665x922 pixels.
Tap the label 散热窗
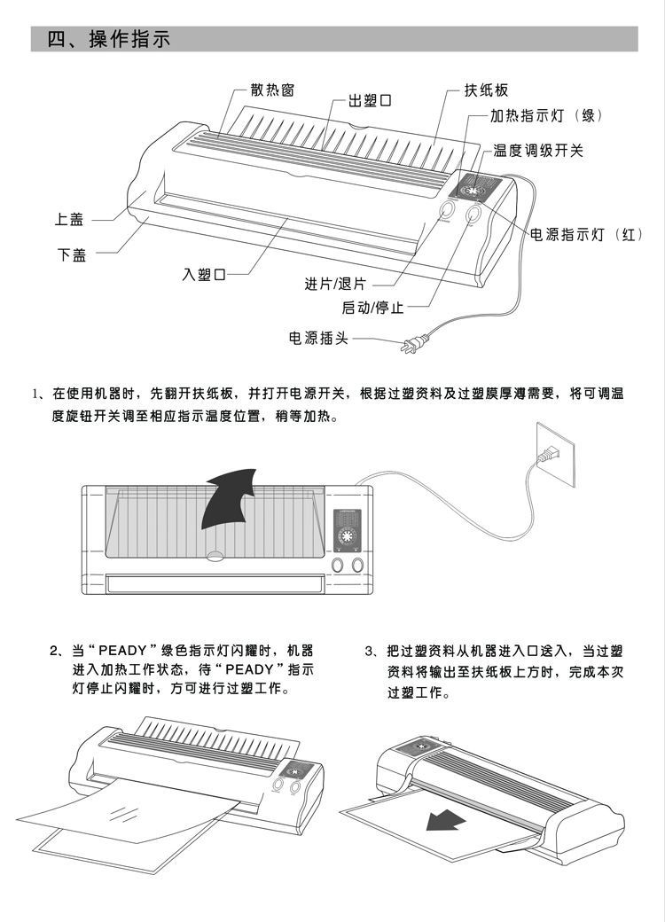tap(272, 90)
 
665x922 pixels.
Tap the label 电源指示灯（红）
tap(586, 234)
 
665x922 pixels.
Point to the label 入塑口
tap(204, 275)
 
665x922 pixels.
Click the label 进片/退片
tap(334, 285)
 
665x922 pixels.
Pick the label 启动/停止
tap(372, 309)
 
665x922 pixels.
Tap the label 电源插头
tap(318, 338)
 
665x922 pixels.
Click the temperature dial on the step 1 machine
tap(347, 539)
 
